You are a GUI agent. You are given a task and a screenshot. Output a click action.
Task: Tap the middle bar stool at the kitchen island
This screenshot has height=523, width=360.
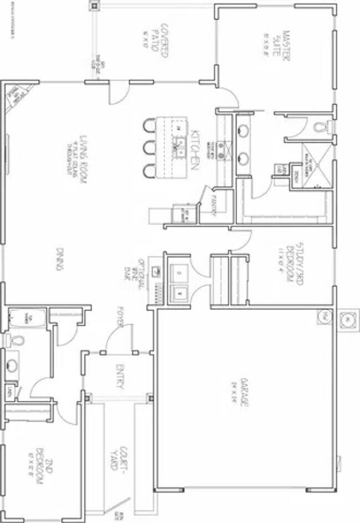click(x=148, y=148)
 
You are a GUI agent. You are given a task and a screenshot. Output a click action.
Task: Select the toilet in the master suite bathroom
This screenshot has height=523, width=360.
click(x=320, y=127)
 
